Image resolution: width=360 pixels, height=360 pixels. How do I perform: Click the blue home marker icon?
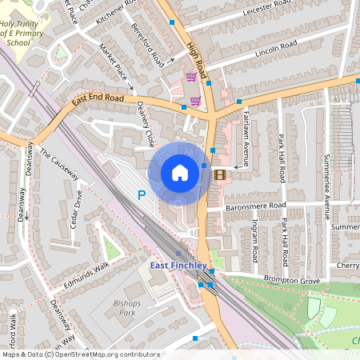[179, 173]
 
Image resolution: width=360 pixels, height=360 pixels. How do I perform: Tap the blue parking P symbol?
[142, 194]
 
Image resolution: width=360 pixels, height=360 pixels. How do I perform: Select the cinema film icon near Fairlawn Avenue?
[220, 174]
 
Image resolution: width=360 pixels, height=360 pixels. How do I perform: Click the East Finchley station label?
[178, 265]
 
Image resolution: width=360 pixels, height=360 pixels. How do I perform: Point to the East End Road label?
[98, 99]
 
